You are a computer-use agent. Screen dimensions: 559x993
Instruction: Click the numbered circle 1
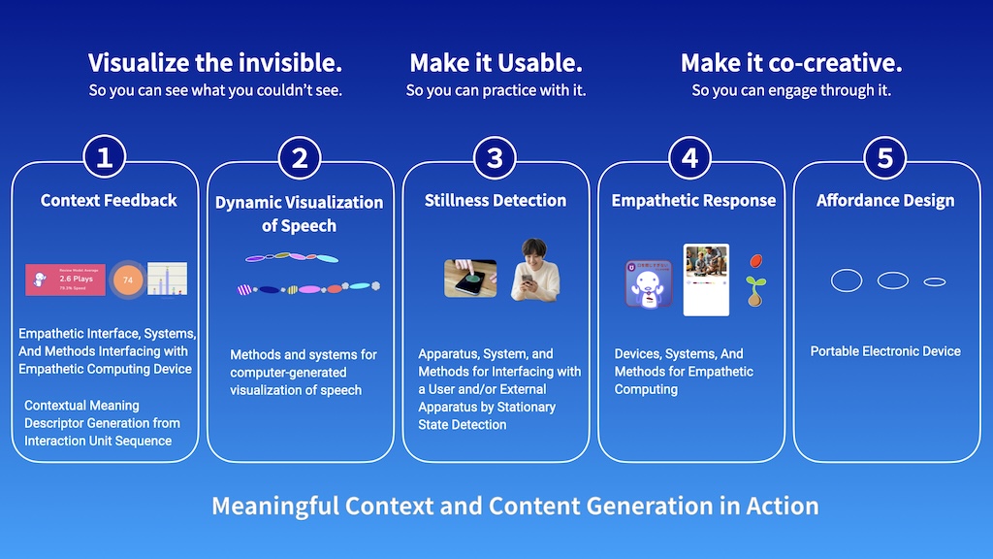click(x=105, y=157)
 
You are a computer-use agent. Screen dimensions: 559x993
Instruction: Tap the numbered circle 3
click(x=495, y=157)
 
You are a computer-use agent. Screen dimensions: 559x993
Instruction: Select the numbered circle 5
click(x=884, y=157)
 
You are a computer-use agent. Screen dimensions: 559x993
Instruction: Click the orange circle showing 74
click(x=127, y=279)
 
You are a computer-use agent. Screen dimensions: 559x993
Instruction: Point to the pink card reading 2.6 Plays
click(x=65, y=279)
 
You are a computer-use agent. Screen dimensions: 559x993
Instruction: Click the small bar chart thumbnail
click(x=167, y=279)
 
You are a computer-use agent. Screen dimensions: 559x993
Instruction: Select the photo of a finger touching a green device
click(x=470, y=278)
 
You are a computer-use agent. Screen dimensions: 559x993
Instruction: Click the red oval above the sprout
click(x=755, y=263)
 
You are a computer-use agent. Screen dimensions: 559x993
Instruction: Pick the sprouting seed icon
click(x=754, y=290)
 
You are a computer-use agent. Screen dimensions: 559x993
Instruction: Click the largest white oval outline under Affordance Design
click(x=847, y=280)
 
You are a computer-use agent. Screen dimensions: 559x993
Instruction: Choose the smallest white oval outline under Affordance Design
click(x=934, y=281)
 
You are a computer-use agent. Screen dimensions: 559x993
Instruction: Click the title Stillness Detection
click(x=496, y=200)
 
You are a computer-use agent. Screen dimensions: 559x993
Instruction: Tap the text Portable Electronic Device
click(x=885, y=350)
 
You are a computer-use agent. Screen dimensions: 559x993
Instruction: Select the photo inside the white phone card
click(x=706, y=260)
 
